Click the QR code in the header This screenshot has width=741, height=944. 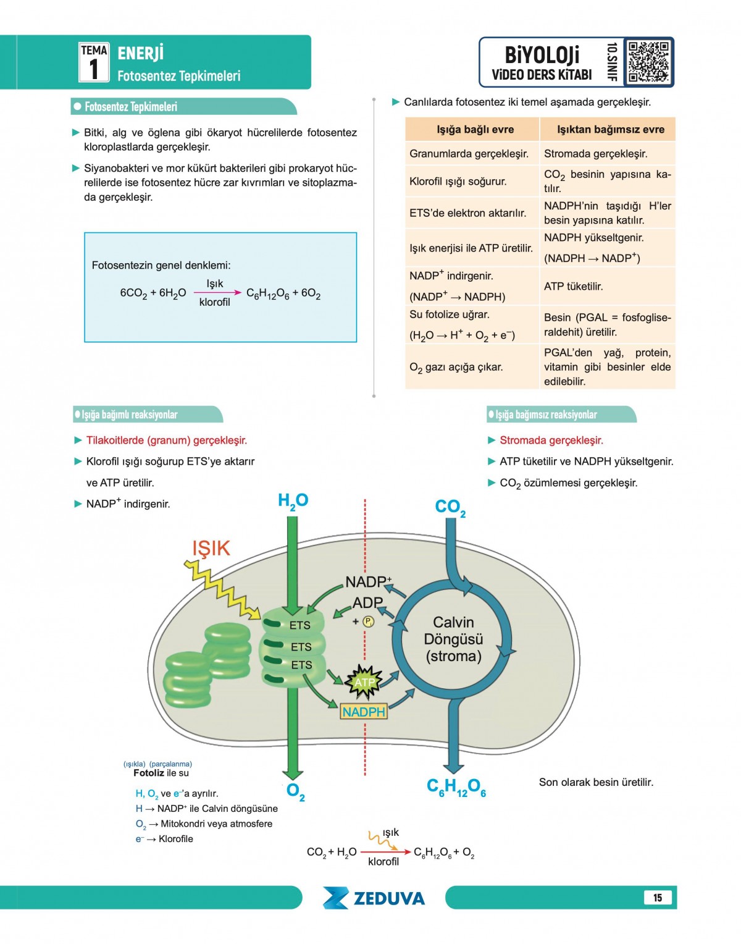click(648, 62)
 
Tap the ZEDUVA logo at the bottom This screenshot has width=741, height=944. click(374, 898)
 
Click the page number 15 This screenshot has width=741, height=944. click(658, 898)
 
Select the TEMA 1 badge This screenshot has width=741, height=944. click(94, 62)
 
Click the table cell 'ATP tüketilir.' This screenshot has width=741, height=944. click(573, 287)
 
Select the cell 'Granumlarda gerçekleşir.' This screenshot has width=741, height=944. click(469, 154)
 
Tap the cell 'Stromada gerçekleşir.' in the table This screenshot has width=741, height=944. click(595, 154)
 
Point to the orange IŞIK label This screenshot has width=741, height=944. click(211, 549)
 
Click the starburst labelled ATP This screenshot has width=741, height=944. click(364, 682)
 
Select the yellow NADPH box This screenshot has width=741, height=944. click(364, 712)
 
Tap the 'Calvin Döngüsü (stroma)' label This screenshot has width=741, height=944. click(453, 639)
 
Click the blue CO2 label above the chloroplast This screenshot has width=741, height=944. click(450, 508)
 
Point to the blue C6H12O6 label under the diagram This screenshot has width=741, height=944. click(456, 787)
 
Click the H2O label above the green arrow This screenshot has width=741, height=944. click(293, 500)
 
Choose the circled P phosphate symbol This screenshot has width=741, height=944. click(369, 622)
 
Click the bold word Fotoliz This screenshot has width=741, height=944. click(149, 773)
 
